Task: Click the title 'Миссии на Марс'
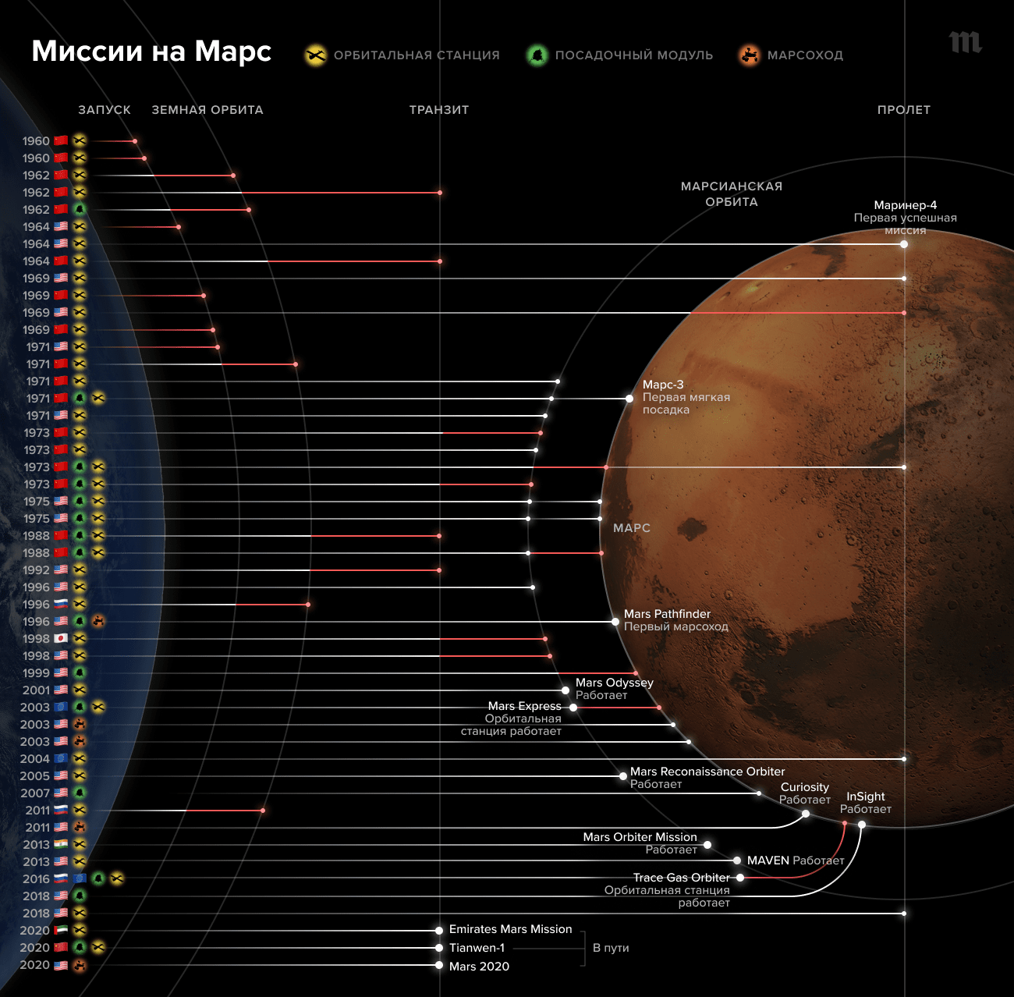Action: pos(151,51)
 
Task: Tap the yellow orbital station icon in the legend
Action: pos(315,55)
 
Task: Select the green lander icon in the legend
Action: pos(537,55)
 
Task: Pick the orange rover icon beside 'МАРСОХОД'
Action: pos(750,55)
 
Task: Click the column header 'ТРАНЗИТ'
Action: pos(439,110)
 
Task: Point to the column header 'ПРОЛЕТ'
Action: pos(903,110)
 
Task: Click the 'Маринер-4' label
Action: pos(905,205)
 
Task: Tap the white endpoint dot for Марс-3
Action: pos(629,399)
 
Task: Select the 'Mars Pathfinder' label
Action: pos(667,614)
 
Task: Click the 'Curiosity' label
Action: pos(804,787)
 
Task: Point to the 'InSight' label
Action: pos(865,797)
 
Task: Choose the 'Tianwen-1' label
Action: pos(477,948)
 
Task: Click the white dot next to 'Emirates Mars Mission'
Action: pos(439,930)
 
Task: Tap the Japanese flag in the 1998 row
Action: pos(61,638)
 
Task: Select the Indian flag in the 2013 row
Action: pos(61,844)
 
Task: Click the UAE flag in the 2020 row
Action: pos(61,930)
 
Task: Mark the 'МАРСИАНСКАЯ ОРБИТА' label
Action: pos(731,194)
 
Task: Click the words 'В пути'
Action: pos(611,948)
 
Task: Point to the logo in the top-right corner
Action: pos(965,42)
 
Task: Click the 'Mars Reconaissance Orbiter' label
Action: pos(707,772)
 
